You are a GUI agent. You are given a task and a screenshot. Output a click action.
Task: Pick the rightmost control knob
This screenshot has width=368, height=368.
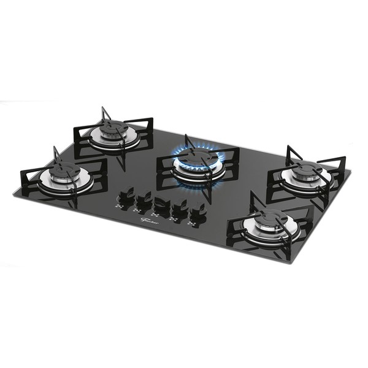click(198, 213)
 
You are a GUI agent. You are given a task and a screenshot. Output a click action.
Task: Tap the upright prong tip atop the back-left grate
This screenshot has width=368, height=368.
click(104, 109)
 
